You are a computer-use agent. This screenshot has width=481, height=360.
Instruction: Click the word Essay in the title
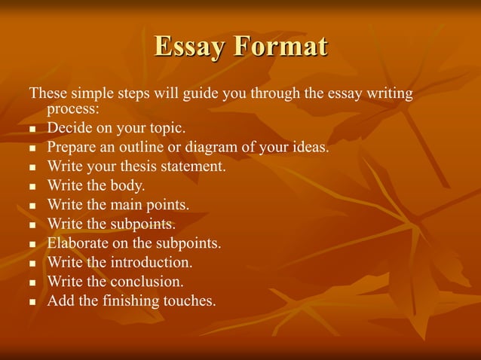point(188,47)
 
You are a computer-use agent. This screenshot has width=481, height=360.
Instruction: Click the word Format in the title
point(280,47)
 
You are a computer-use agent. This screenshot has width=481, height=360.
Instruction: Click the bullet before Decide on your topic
point(32,128)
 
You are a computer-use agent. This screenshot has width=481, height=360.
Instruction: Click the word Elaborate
point(77,243)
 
